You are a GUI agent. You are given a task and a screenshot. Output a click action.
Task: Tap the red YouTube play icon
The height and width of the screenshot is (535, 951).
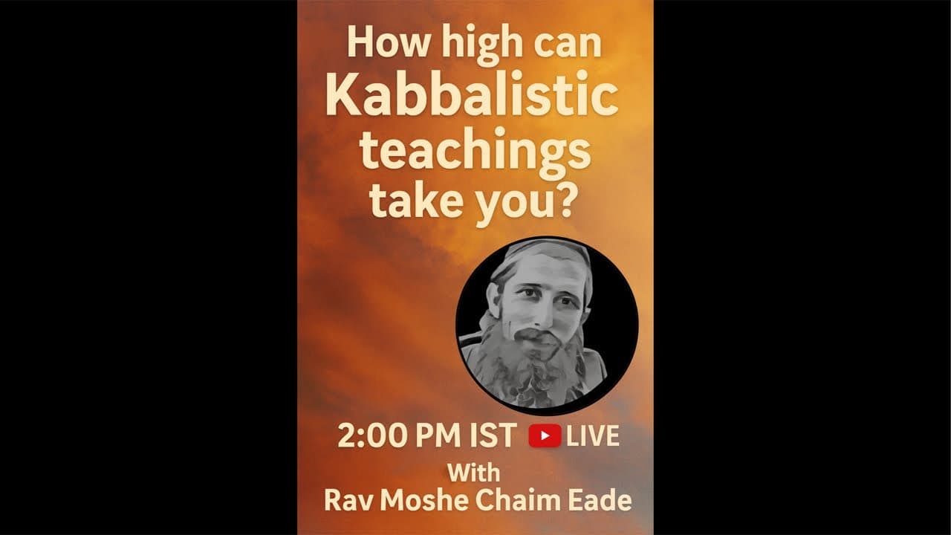[545, 436]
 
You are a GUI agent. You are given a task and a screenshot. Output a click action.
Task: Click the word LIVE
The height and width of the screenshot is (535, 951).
[592, 436]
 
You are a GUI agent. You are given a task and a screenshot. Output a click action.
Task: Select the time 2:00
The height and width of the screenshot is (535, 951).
[366, 436]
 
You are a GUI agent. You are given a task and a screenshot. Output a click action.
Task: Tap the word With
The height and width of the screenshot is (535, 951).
[473, 473]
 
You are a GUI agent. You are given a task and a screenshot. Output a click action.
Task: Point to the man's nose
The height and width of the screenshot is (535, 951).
[542, 312]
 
